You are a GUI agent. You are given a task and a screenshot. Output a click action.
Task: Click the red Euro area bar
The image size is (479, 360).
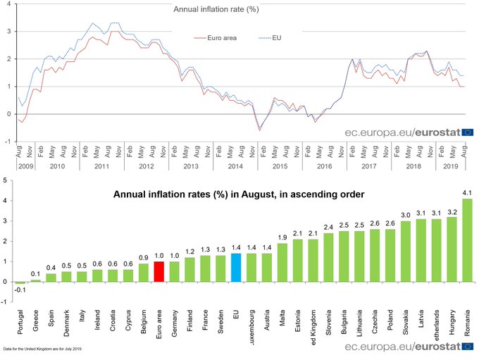pos(158,272)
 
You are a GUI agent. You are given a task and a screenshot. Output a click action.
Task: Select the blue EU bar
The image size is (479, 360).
pos(236,268)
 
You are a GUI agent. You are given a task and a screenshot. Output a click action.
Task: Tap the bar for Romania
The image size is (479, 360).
pos(467,240)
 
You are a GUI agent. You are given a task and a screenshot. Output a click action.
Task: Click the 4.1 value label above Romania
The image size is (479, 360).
pos(467,192)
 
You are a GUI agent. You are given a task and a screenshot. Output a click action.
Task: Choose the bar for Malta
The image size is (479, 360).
pos(282,263)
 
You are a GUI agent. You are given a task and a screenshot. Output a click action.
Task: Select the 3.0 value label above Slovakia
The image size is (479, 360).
pos(406,214)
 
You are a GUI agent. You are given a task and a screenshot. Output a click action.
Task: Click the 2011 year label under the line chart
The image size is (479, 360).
pos(101,166)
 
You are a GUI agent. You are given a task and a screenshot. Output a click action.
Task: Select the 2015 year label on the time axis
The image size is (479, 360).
pos(280,166)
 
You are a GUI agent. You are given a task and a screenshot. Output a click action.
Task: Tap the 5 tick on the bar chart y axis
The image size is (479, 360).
pos(6,180)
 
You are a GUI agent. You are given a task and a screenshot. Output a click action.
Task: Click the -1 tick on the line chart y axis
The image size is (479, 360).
pos(6,141)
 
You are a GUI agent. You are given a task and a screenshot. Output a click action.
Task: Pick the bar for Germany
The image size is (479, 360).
pos(174,272)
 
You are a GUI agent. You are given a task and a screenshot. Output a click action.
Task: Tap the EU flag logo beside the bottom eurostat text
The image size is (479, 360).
pos(468,346)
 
